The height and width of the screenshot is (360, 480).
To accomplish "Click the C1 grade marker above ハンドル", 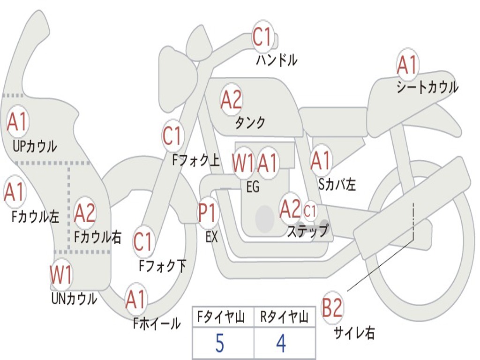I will [262, 37].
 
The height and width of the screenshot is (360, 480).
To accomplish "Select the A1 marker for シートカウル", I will [407, 65].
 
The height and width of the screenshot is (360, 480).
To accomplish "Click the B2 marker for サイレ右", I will [332, 308].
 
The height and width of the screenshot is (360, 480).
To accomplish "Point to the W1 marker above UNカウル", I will [61, 275].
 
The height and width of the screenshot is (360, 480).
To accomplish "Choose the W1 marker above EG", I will [243, 163].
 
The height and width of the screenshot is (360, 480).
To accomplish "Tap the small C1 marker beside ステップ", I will [310, 211].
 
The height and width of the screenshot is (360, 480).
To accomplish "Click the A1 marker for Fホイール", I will [136, 300].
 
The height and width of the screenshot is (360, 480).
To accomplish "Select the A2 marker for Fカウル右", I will [85, 213].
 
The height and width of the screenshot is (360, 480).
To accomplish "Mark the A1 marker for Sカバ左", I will [321, 161].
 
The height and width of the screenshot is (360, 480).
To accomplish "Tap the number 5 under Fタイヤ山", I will [219, 344].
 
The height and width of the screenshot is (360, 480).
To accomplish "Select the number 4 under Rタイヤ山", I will [281, 344].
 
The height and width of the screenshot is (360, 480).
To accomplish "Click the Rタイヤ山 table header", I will [284, 318].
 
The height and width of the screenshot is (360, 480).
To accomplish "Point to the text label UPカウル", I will [35, 146].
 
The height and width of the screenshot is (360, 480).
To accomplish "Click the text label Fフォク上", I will [195, 161].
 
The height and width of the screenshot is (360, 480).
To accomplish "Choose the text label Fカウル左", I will [36, 217].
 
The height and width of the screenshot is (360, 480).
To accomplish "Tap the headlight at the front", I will [177, 77].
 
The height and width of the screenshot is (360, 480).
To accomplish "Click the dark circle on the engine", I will [265, 218].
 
